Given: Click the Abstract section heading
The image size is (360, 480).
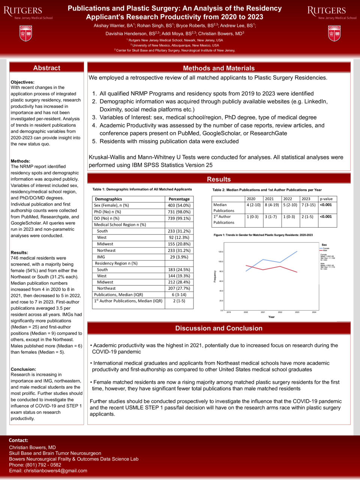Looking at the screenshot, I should pos(46,68).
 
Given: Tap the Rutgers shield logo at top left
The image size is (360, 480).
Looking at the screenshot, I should pos(25,33).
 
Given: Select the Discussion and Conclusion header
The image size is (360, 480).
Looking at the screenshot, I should pos(219,328).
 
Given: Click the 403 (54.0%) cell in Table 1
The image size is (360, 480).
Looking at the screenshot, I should pos(179,205).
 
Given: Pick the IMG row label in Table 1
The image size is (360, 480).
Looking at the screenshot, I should pos(101,257).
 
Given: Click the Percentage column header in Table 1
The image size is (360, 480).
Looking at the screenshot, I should pos(179,199).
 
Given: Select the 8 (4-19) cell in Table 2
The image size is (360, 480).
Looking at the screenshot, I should pos(271,205).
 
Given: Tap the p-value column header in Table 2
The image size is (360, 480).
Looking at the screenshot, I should pos(326,199).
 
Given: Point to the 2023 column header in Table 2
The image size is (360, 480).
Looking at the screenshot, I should pos(306,199).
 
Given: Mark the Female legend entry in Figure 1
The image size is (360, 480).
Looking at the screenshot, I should pos(325,248).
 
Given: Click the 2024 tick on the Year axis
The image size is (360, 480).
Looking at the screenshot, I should pos(314,312).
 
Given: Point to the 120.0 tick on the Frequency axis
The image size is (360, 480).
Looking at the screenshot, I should pos(220,252).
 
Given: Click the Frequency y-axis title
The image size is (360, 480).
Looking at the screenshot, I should pos(215,276).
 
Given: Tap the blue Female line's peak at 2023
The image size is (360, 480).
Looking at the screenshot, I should pos(297,251).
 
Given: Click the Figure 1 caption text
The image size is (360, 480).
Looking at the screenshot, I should pos(263,235).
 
